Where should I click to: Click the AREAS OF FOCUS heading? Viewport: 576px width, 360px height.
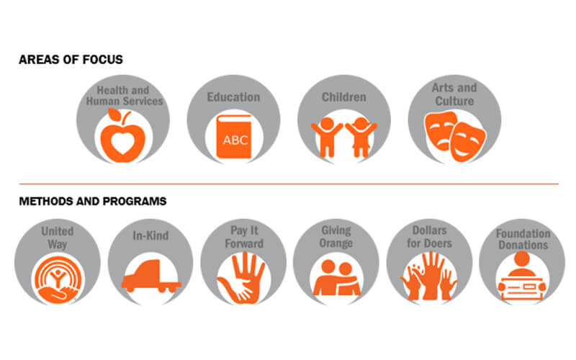tap(71, 60)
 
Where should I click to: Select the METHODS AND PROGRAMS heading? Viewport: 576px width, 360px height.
tap(93, 202)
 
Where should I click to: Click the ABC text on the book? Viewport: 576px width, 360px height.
tap(235, 140)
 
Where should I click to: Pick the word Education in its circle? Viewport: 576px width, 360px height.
tap(233, 97)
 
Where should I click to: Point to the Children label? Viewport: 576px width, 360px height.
tap(344, 97)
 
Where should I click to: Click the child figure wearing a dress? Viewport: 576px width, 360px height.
tap(361, 137)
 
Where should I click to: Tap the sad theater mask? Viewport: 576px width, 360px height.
tap(440, 130)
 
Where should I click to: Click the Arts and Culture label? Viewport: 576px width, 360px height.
tap(454, 94)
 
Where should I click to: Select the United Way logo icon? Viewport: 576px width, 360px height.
tap(58, 280)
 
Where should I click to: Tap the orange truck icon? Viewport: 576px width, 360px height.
tap(151, 276)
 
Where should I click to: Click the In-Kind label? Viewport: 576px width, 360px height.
tap(150, 235)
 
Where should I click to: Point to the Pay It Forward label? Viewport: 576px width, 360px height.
tap(244, 237)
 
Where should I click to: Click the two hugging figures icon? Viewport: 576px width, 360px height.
tap(337, 278)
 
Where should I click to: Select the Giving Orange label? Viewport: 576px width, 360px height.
tap(336, 237)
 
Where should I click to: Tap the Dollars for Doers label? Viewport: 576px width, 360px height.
tap(429, 237)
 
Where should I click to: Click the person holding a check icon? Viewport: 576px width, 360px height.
tap(521, 276)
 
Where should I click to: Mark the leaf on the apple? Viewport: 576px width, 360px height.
tap(114, 114)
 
